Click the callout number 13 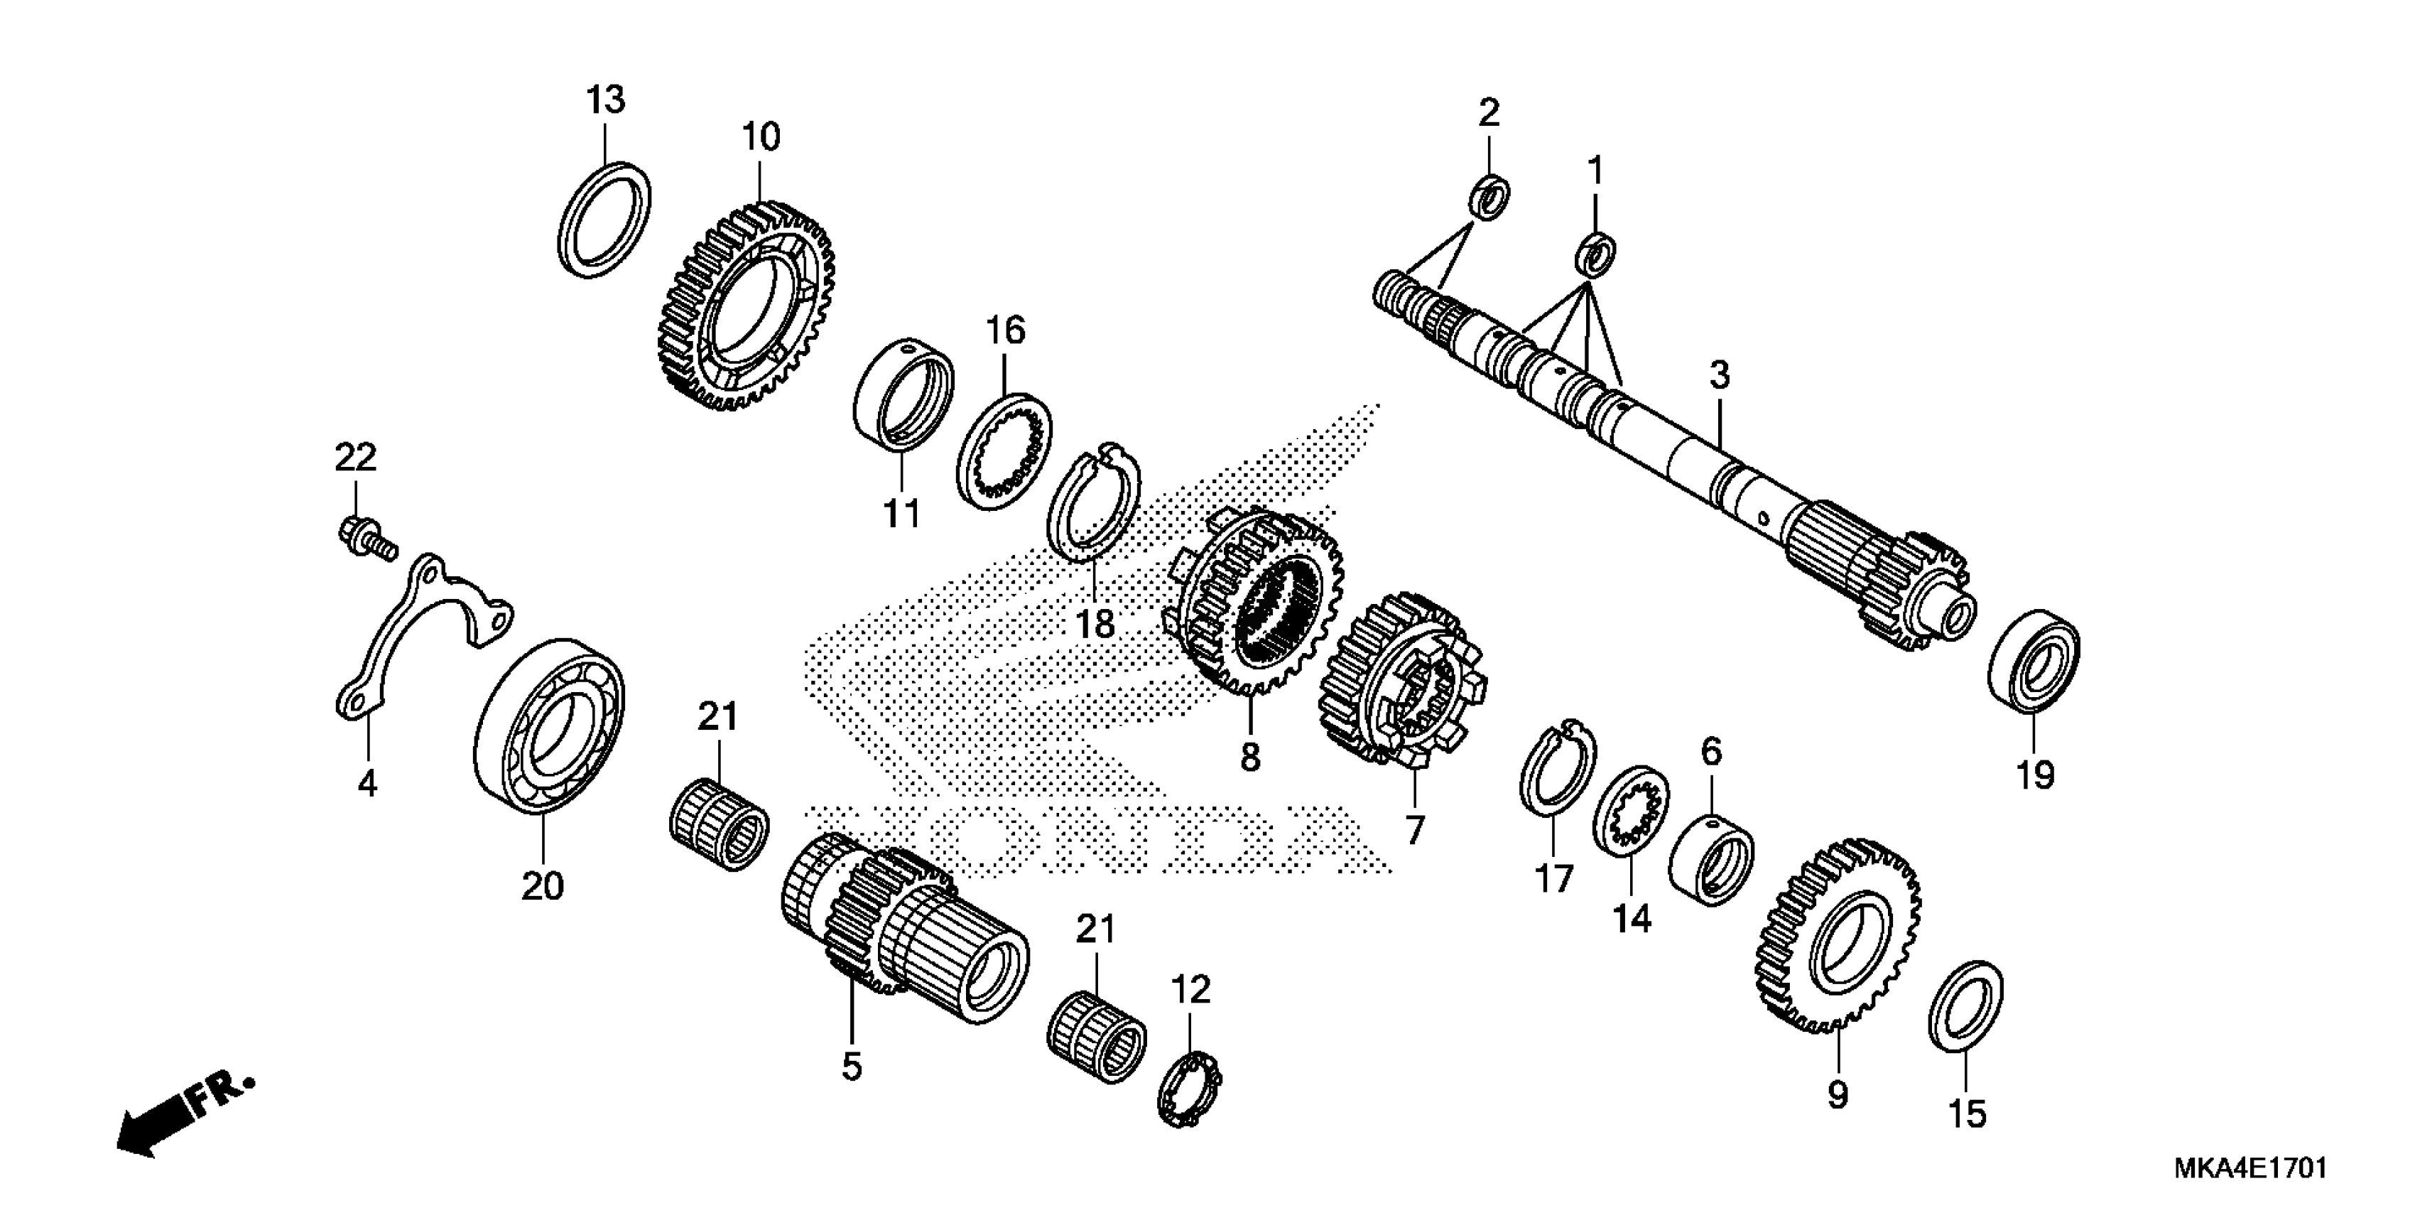point(606,99)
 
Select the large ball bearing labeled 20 point(549,727)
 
